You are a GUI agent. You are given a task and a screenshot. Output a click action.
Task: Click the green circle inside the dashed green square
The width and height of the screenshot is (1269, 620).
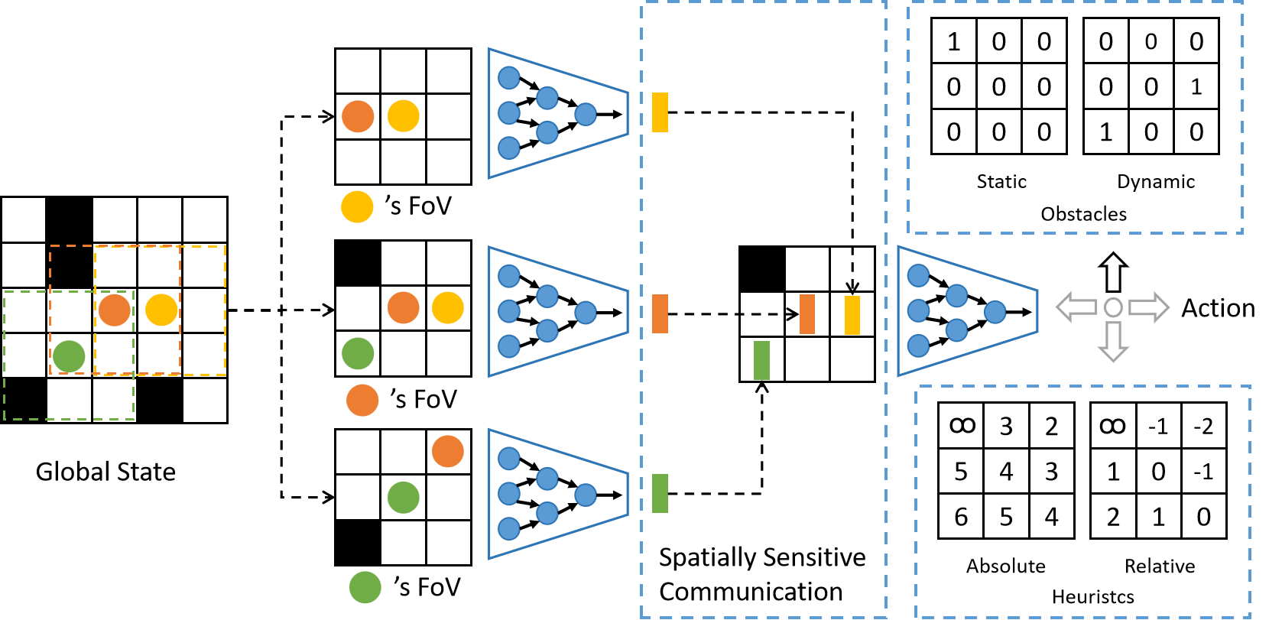[69, 356]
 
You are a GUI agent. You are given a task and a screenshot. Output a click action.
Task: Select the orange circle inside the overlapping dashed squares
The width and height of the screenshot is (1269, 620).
[115, 310]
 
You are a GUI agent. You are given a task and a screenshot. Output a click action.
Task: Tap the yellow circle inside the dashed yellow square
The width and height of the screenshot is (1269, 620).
[161, 310]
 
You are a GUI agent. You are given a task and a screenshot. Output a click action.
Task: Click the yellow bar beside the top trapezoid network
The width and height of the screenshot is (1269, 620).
[660, 112]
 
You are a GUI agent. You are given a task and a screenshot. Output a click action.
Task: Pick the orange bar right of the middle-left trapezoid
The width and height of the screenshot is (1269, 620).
[660, 313]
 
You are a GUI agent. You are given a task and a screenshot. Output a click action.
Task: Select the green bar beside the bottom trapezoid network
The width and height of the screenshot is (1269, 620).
[660, 493]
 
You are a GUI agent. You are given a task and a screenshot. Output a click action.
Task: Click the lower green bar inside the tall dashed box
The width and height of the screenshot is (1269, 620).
[761, 360]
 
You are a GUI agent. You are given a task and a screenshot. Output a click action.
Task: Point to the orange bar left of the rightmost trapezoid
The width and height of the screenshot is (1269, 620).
[807, 314]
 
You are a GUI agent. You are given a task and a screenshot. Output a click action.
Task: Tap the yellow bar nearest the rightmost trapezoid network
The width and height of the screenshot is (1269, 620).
[852, 315]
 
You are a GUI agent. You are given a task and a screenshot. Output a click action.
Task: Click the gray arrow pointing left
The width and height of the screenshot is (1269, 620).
[1076, 307]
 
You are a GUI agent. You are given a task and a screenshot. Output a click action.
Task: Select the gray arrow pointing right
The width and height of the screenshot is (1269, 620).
[1149, 307]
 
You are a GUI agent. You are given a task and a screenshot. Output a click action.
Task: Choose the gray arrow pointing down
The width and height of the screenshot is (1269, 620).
[1113, 341]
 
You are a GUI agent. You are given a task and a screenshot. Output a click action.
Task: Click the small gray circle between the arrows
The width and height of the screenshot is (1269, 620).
[1113, 307]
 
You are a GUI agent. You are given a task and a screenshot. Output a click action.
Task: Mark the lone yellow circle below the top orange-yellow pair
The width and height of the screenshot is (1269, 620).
[357, 207]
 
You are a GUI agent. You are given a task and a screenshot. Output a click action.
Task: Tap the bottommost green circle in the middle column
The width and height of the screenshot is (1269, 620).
[365, 587]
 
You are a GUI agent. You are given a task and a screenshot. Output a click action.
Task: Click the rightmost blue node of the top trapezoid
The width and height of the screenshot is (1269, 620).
[586, 115]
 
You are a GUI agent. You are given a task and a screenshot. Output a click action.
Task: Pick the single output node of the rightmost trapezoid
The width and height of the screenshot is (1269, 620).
[995, 312]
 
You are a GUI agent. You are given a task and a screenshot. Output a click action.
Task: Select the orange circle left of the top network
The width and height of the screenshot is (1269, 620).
[358, 116]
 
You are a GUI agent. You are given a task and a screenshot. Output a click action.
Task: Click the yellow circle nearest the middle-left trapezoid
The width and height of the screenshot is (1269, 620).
[448, 308]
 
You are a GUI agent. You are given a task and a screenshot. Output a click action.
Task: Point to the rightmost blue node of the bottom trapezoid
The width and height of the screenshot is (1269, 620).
[586, 495]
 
